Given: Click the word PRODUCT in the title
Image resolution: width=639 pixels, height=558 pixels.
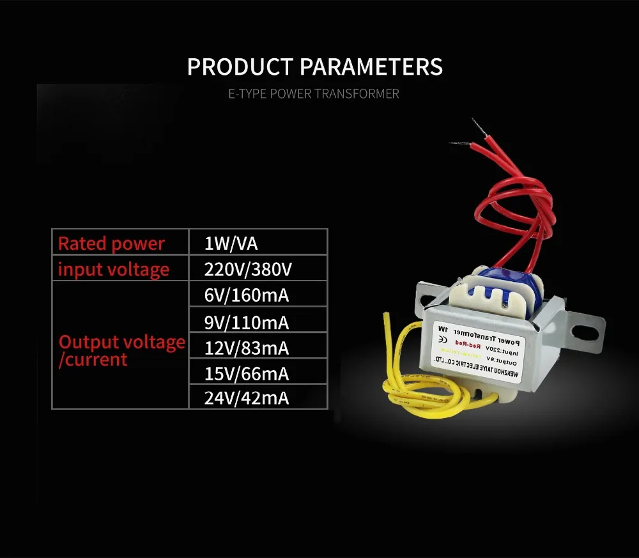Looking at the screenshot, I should coord(240,67).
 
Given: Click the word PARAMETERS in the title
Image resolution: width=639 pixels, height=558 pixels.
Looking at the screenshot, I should coord(371,67).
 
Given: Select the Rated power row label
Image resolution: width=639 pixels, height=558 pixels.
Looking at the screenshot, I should coord(111,244).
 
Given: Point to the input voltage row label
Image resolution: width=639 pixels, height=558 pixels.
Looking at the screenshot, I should coord(114,269).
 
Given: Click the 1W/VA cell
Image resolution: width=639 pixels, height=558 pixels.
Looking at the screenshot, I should coord(231,244).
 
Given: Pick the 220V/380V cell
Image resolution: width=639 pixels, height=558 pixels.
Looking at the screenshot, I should coord(248,269).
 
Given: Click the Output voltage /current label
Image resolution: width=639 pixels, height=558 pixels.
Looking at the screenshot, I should coord(121,350).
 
